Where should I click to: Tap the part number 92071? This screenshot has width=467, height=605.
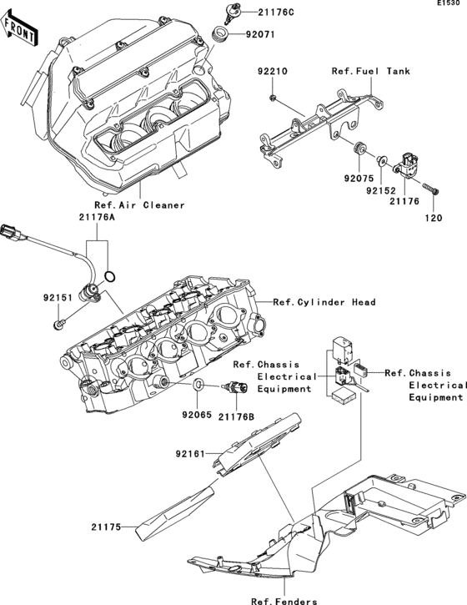point(259,35)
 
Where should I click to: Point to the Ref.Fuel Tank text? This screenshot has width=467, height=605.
point(370,72)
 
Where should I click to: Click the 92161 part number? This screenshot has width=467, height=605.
point(192,454)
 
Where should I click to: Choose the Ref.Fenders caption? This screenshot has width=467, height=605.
point(284,600)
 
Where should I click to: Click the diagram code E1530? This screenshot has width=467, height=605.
point(449,4)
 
